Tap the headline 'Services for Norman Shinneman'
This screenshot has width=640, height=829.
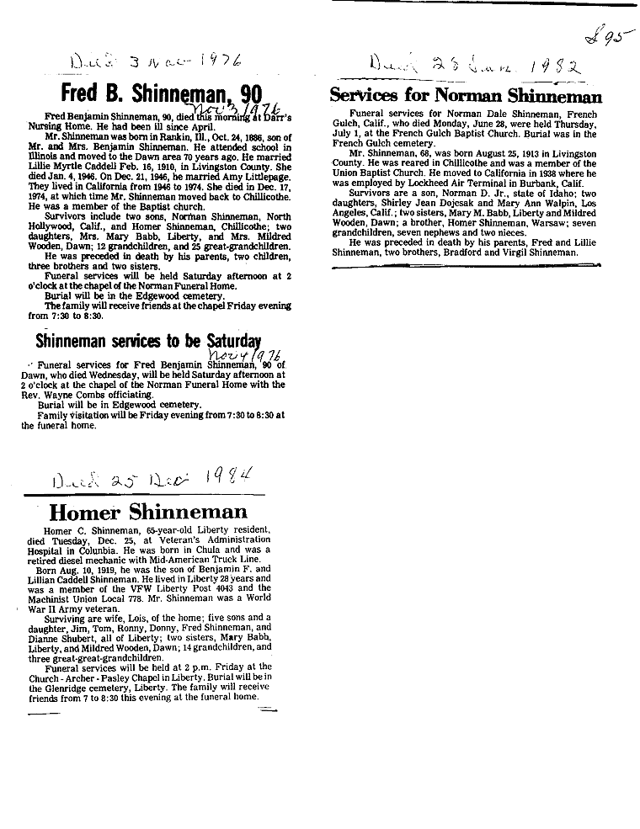click(465, 97)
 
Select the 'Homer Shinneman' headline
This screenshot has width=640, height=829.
click(147, 512)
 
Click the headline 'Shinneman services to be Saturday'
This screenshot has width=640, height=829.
click(147, 341)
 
